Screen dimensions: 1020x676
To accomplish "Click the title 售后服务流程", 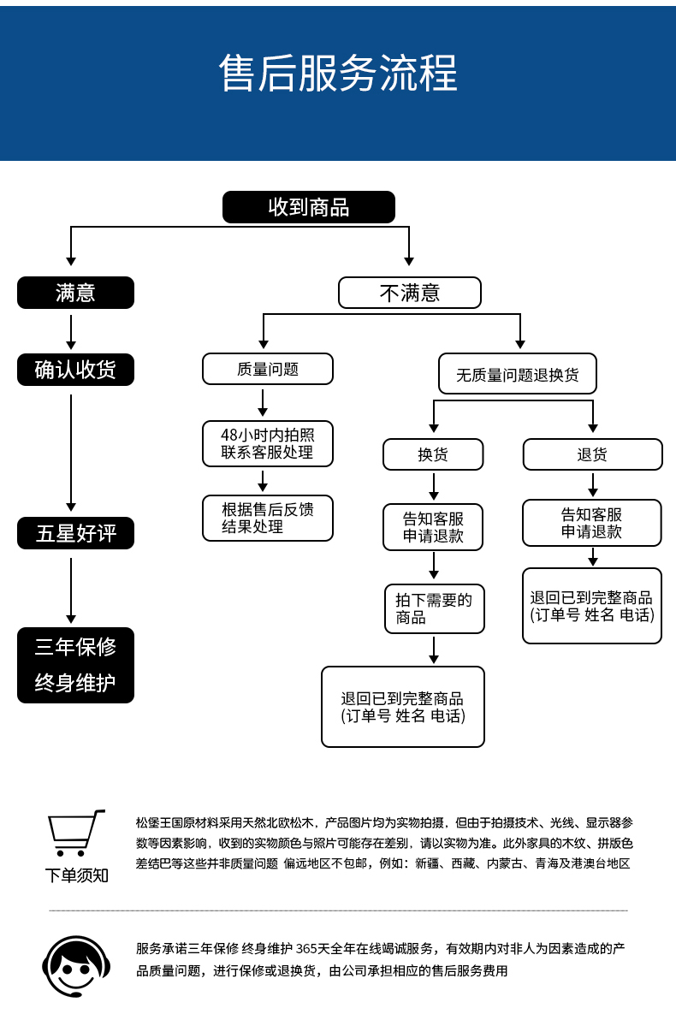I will pos(338,74).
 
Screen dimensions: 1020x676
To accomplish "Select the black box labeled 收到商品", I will pos(309,207).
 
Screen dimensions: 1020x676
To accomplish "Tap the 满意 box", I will pos(75,293).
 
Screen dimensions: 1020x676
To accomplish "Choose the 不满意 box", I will pos(409,293).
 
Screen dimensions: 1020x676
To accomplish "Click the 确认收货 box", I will pos(75,370).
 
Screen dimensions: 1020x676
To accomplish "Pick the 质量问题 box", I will pos(267,369).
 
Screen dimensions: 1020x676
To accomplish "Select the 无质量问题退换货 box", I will pos(517,374).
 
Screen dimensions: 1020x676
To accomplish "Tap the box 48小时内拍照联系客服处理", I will pos(267,443).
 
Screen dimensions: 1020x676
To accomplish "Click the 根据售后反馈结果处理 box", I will pos(267,518).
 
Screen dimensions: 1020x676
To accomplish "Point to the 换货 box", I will pos(433,454).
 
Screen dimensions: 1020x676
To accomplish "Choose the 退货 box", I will pos(592,454).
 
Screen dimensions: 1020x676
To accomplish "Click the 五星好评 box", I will pos(75,533).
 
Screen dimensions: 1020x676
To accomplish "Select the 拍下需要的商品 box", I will pos(434,608).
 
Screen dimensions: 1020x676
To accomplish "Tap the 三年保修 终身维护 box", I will pos(75,665).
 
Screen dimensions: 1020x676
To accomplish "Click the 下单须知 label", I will pos(77,875).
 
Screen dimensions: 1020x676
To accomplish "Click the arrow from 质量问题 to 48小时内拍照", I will pos(264,402).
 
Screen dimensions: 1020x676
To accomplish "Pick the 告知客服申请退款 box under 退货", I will pos(592,523).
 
